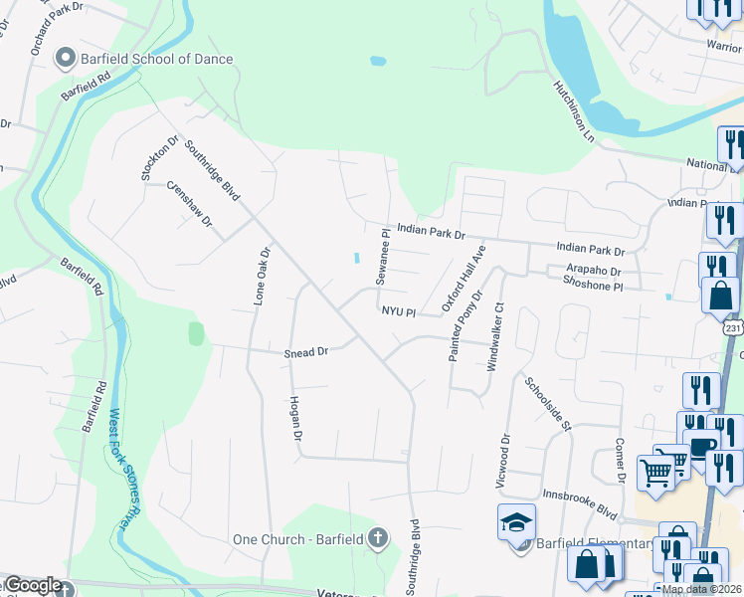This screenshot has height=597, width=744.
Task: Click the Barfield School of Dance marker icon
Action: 67,59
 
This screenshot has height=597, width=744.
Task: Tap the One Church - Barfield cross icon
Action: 377,539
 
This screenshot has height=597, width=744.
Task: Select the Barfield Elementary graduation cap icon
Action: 516,523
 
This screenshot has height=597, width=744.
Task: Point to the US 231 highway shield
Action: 733,327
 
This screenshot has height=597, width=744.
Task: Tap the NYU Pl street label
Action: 397,311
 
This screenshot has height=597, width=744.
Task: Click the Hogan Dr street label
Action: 294,416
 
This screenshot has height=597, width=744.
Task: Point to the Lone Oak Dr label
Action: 260,276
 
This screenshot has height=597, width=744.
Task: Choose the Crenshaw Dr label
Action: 190,203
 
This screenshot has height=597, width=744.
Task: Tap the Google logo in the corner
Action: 33,586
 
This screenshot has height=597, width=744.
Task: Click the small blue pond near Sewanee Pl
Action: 356,259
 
